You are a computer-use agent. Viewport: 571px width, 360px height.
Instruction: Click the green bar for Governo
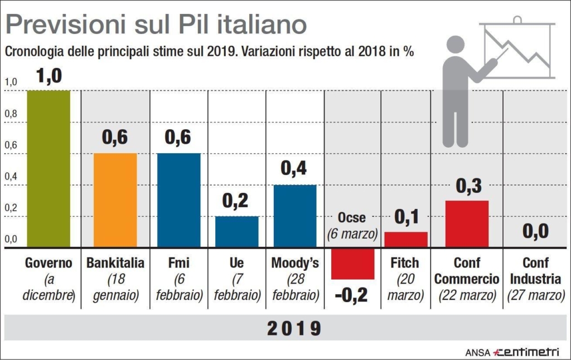click(x=49, y=168)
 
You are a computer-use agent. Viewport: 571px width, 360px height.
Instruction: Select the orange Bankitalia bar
click(x=115, y=200)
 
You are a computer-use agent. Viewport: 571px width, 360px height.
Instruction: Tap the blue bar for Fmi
click(x=178, y=200)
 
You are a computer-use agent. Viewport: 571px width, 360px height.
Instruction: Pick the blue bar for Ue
click(x=237, y=231)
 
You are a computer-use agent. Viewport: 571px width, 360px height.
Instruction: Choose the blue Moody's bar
click(x=295, y=216)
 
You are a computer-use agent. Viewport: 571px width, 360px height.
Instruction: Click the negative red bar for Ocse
click(x=352, y=264)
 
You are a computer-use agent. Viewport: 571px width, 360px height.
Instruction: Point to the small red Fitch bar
click(x=406, y=239)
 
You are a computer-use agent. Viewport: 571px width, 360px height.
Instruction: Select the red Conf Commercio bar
click(x=467, y=223)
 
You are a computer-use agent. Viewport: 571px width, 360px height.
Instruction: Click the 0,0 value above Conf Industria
click(x=536, y=231)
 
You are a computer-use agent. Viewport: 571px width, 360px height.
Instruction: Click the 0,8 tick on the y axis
click(x=11, y=114)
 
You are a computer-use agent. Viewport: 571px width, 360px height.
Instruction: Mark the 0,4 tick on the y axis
click(x=11, y=177)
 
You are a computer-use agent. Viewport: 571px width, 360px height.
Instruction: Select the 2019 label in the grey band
click(x=294, y=328)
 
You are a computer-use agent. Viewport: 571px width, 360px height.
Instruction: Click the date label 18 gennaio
click(x=115, y=286)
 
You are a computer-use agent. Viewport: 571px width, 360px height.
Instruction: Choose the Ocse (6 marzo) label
click(x=352, y=226)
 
